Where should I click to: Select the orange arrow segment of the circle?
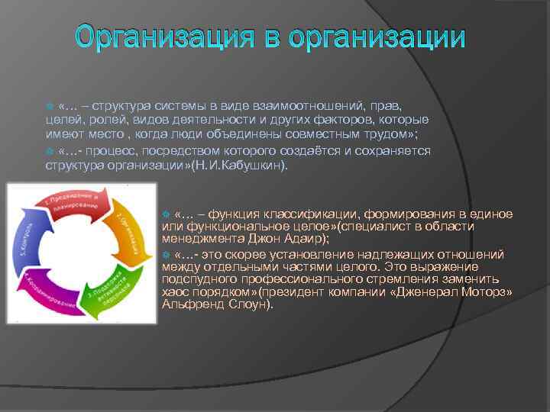(131, 232)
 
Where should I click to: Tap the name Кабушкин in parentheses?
(256, 164)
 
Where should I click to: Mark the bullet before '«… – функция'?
(167, 214)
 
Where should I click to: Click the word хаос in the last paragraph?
(175, 291)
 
